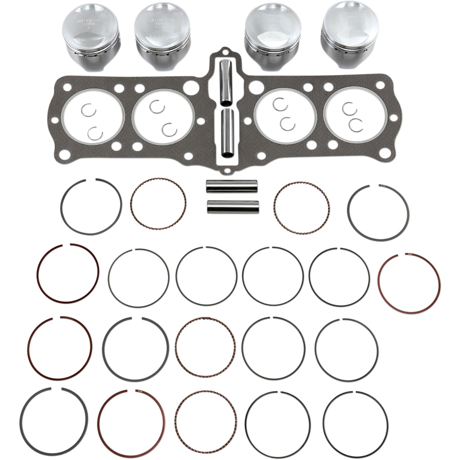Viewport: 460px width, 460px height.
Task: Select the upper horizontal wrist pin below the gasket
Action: click(x=232, y=186)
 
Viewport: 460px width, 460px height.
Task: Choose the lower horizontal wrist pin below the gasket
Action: click(x=233, y=207)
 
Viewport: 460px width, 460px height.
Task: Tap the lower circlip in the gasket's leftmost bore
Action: click(x=95, y=133)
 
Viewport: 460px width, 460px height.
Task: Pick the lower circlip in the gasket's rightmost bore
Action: click(x=356, y=126)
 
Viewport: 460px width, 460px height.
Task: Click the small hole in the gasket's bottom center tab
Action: click(x=227, y=171)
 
